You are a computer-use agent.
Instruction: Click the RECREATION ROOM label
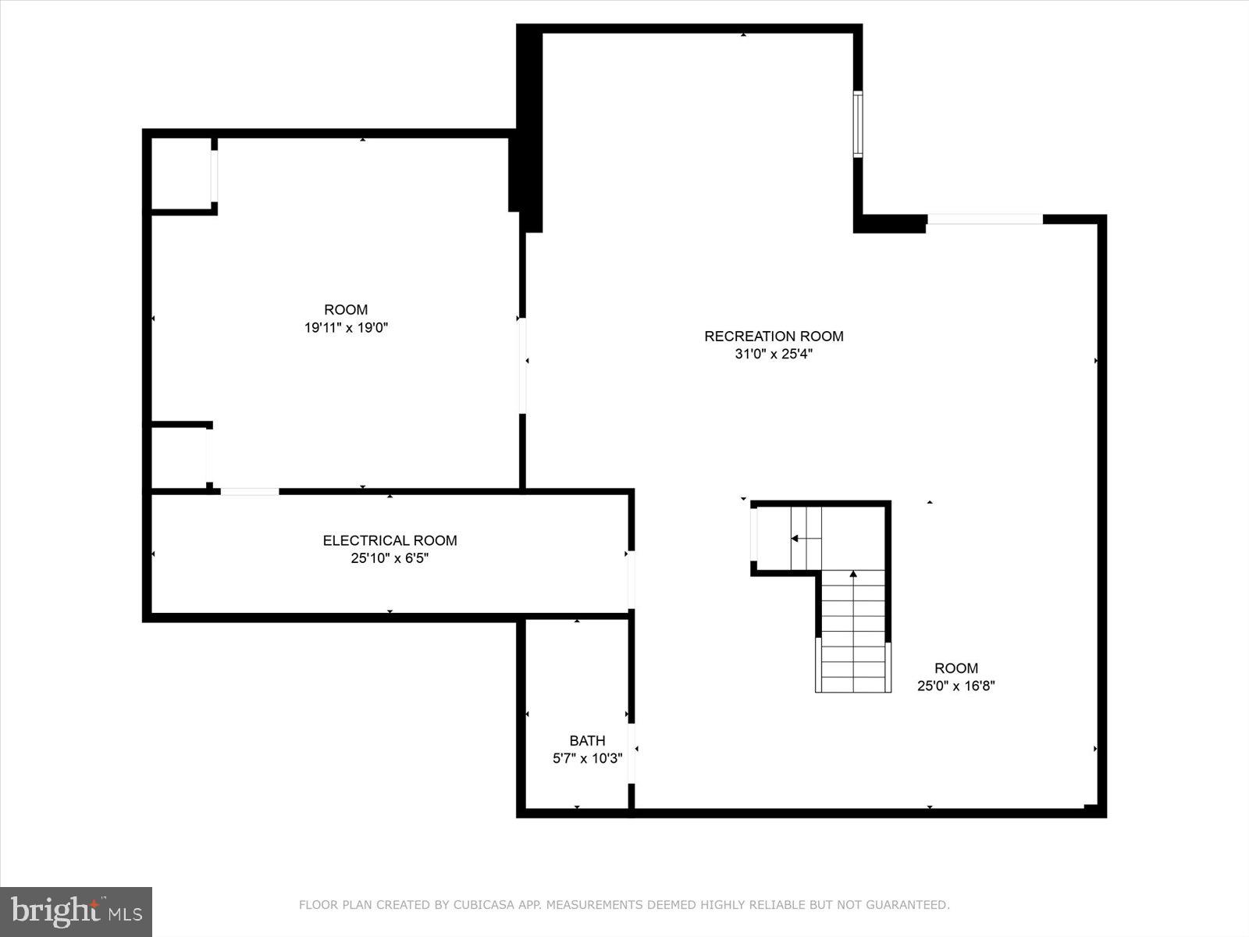[x=774, y=337]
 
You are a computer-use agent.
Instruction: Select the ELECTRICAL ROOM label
[x=390, y=540]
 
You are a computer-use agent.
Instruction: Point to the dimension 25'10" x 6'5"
[x=390, y=558]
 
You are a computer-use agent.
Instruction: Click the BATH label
[x=587, y=741]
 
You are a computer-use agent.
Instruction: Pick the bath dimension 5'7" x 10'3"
[x=587, y=758]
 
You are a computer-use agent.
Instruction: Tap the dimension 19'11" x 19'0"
[x=346, y=328]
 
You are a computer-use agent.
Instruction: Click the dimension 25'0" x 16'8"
[x=956, y=686]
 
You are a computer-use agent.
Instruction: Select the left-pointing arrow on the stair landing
[x=795, y=538]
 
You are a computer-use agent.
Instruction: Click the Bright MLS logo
[x=76, y=911]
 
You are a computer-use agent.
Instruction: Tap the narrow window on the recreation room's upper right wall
[x=858, y=124]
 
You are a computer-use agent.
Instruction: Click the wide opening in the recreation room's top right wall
[x=984, y=219]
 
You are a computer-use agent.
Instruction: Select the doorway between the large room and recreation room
[x=522, y=365]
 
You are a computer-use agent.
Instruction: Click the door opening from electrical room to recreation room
[x=631, y=579]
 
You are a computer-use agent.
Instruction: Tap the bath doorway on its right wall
[x=631, y=753]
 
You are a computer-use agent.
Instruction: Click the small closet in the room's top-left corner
[x=181, y=174]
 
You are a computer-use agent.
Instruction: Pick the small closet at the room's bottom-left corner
[x=179, y=458]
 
